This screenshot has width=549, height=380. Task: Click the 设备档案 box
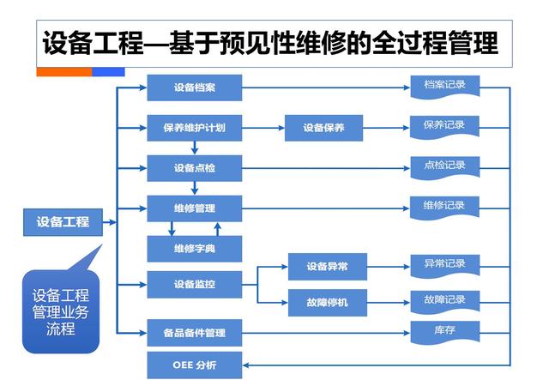[x=194, y=87]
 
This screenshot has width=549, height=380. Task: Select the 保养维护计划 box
[x=194, y=128]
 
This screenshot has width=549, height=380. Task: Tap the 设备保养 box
[x=323, y=128]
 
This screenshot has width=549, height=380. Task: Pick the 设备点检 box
[x=194, y=168]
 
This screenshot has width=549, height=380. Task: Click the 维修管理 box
[x=194, y=208]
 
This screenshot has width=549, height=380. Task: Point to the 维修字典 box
[x=194, y=249]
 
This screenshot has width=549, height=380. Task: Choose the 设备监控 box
[x=194, y=284]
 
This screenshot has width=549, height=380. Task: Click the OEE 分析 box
[x=194, y=365]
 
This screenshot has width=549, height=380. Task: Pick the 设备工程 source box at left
[x=62, y=221]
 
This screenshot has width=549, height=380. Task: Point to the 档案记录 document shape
[x=443, y=87]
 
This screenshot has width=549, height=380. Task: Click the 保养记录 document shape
[x=443, y=126]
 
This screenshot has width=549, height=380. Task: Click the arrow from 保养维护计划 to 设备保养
[x=262, y=128]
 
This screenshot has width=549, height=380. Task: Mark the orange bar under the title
[x=63, y=72]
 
